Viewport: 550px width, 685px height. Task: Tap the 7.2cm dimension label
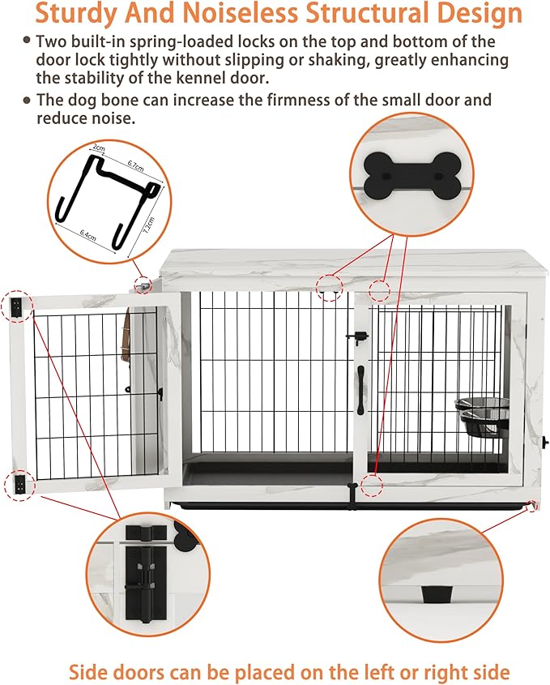(x=149, y=221)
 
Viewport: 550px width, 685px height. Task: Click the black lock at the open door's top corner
(x=18, y=306)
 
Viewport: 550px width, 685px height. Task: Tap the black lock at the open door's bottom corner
(x=19, y=484)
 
